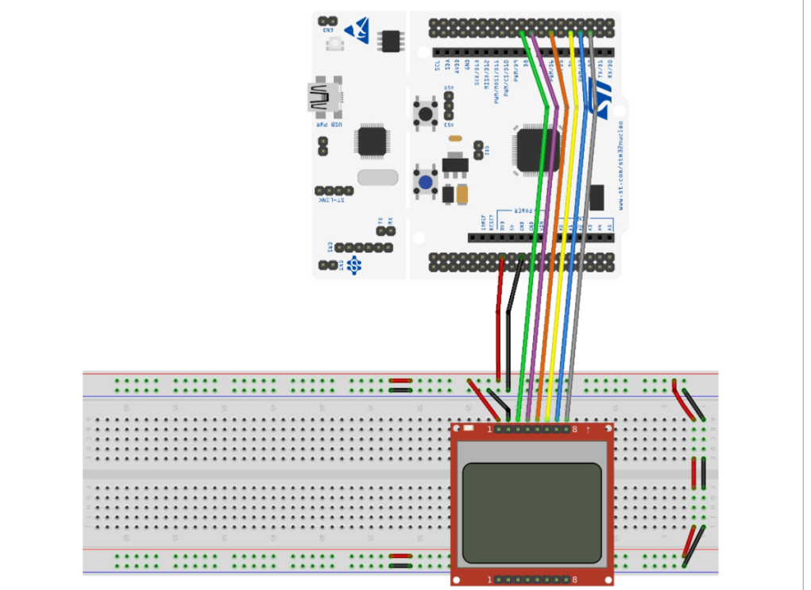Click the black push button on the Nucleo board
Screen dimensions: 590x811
point(427,113)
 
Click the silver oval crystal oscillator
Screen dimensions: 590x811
point(377,176)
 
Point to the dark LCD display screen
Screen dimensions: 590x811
point(532,512)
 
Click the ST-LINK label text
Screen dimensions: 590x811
point(331,200)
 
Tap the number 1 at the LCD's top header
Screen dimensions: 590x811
point(489,430)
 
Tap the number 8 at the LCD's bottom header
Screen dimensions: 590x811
point(575,580)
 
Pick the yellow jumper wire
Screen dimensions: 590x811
point(563,262)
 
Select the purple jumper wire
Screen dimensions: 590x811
point(544,262)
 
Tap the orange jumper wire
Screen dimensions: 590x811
point(554,262)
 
